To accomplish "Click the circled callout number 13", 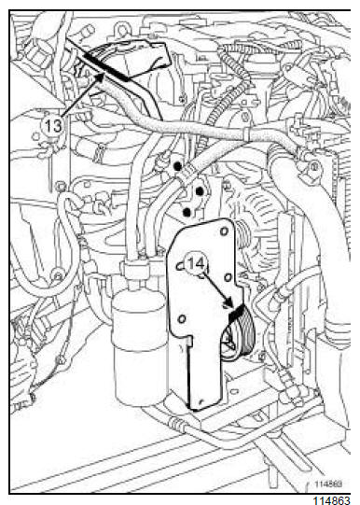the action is (52, 125).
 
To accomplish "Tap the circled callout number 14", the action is (196, 264).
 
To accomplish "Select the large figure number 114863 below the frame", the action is (331, 499).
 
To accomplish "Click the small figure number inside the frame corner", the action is (328, 484).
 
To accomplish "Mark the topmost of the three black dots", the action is (177, 166).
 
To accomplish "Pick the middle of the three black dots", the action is (200, 191).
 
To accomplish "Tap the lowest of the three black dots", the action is (187, 212).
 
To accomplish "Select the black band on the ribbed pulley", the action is (237, 313).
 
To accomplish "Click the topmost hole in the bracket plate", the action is (224, 231).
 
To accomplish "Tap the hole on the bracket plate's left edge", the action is (181, 266).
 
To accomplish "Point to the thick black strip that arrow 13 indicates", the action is (106, 68).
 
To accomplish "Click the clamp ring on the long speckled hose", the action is (247, 134).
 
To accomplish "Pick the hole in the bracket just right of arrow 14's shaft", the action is (228, 277).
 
